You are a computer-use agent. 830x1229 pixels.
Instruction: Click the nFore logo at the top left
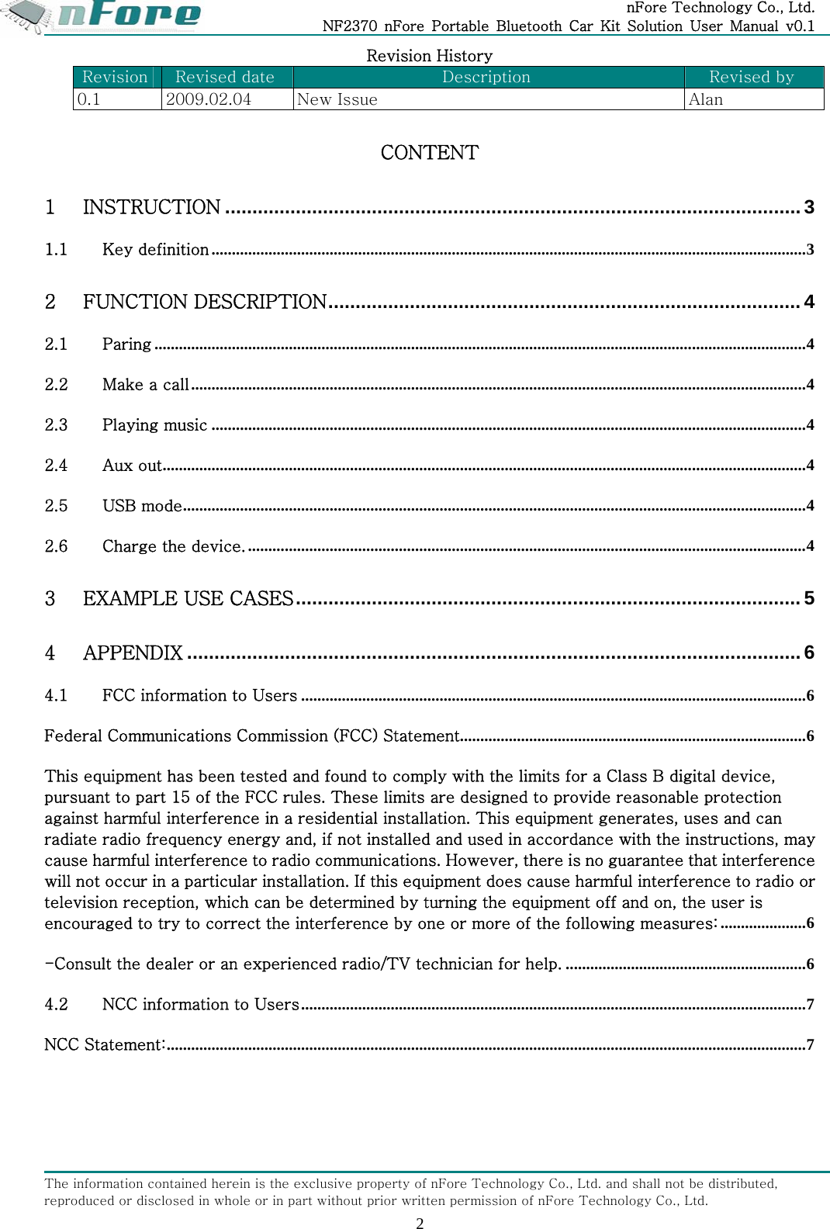105,16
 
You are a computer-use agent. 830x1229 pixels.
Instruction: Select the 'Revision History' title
429,56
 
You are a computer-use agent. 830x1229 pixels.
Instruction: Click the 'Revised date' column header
225,77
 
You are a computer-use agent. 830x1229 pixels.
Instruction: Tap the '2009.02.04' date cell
209,99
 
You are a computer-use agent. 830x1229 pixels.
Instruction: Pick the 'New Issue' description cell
337,99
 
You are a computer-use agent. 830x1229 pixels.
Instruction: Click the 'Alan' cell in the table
706,99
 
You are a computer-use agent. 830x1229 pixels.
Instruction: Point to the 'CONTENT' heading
429,152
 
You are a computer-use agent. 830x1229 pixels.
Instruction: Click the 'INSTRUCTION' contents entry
152,207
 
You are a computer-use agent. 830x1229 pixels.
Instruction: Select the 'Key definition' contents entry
155,249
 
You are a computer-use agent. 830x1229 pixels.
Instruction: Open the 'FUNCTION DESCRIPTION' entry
205,302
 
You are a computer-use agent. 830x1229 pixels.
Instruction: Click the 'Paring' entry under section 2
126,344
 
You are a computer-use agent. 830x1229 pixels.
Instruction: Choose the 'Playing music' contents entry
154,424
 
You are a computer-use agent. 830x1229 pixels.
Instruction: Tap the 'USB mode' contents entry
142,506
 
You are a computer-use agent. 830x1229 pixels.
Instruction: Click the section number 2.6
56,546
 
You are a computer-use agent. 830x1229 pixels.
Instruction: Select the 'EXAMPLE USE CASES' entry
188,598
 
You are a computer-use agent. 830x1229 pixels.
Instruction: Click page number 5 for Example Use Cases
809,598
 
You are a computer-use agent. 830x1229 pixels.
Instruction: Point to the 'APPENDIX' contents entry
133,653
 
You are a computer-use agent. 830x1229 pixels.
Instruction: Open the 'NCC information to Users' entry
200,1004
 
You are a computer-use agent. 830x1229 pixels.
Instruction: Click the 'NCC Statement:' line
105,1044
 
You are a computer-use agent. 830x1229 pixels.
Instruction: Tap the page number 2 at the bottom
420,1223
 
